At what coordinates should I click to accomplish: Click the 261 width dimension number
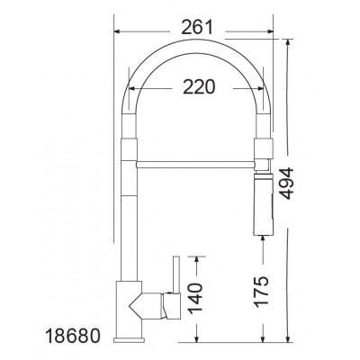[197, 27]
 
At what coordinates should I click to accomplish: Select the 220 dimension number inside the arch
[199, 87]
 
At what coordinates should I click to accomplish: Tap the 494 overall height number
[286, 184]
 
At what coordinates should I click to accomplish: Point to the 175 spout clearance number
[261, 292]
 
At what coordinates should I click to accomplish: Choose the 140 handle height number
[195, 297]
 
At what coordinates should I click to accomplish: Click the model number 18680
[72, 336]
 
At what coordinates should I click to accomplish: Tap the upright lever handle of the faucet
[176, 274]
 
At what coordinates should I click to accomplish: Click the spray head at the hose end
[264, 204]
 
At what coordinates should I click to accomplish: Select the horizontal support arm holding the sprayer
[196, 165]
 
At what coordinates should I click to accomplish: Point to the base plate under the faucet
[129, 340]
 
